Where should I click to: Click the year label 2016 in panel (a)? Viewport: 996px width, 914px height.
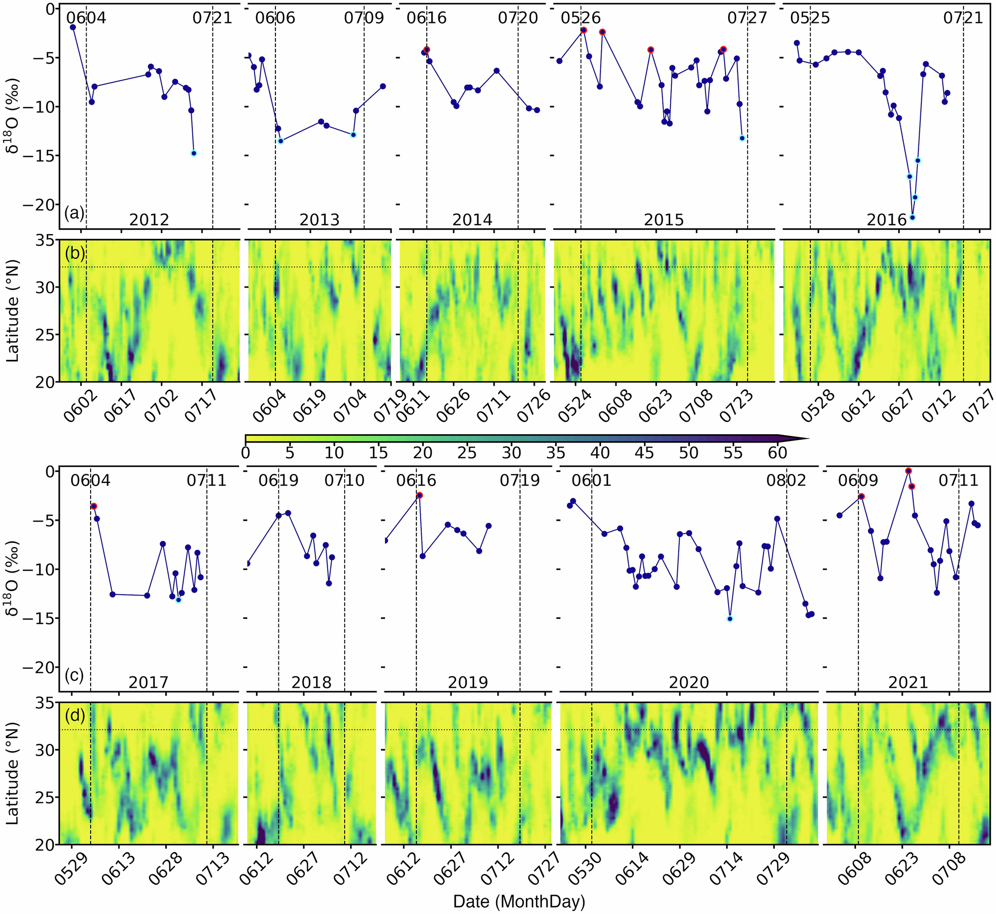[x=886, y=220]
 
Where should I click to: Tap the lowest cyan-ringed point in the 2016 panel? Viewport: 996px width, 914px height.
[x=912, y=217]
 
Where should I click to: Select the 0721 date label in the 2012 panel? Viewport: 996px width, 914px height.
[x=212, y=18]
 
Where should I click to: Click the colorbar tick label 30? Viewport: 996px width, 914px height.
[x=511, y=453]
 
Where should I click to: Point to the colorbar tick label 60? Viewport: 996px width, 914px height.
[x=777, y=453]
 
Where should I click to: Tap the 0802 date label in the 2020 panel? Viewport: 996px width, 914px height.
[x=785, y=480]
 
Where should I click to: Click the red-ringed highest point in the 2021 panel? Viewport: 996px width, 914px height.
[x=908, y=471]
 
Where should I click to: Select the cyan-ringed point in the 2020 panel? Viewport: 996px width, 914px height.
[x=730, y=619]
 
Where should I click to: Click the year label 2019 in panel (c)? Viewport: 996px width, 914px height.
[x=468, y=682]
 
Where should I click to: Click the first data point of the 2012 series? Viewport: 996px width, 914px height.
[x=73, y=27]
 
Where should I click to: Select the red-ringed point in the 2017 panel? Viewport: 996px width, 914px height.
[x=94, y=506]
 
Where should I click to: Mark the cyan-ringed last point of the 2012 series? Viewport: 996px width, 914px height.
[x=194, y=153]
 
